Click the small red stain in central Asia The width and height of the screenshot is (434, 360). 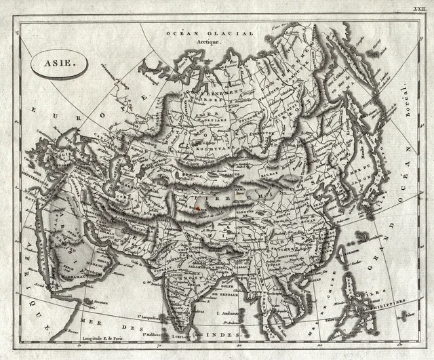click(x=198, y=209)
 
